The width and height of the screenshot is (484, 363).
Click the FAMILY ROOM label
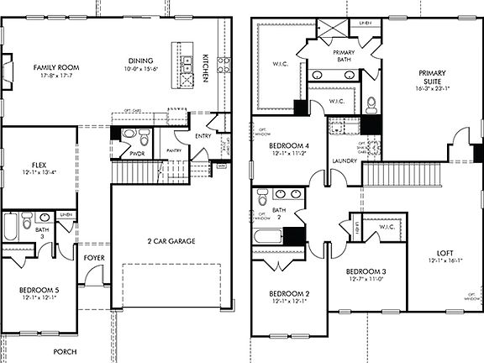click(55, 67)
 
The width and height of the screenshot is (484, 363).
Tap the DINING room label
click(140, 60)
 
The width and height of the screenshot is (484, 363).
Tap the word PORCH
click(64, 351)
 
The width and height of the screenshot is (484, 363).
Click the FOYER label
click(92, 258)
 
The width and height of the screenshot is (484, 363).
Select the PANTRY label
click(174, 151)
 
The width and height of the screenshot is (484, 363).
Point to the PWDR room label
click(138, 155)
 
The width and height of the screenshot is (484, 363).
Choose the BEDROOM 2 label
click(289, 293)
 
